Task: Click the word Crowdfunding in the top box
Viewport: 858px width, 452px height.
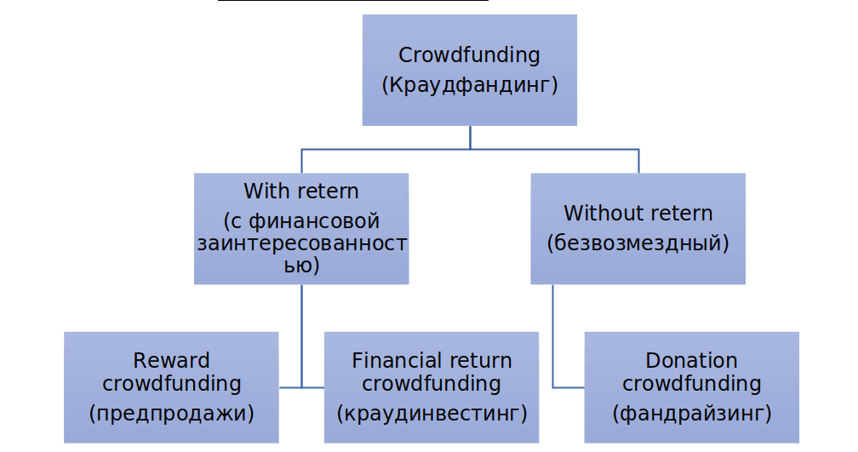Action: point(469,55)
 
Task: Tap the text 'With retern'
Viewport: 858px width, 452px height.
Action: point(301,192)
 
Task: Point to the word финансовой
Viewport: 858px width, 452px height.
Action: point(314,221)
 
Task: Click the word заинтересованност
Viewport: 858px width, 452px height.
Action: point(302,243)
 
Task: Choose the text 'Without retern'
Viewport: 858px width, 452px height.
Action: point(638,214)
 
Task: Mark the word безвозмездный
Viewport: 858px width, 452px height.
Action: point(638,243)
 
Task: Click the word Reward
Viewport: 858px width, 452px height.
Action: point(171,361)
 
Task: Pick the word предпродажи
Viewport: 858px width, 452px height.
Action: point(171,413)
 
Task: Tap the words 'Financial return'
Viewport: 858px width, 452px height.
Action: point(432,361)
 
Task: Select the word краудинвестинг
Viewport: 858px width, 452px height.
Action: point(432,413)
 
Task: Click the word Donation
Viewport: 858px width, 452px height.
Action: point(692,361)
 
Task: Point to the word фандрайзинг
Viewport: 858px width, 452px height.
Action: point(692,413)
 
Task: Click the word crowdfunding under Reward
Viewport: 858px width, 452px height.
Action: point(171,384)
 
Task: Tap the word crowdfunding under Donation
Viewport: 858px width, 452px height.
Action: point(692,384)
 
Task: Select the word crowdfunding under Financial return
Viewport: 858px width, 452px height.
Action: point(432,384)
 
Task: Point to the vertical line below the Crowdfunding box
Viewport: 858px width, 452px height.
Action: point(470,137)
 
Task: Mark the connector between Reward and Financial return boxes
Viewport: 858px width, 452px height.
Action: point(301,387)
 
